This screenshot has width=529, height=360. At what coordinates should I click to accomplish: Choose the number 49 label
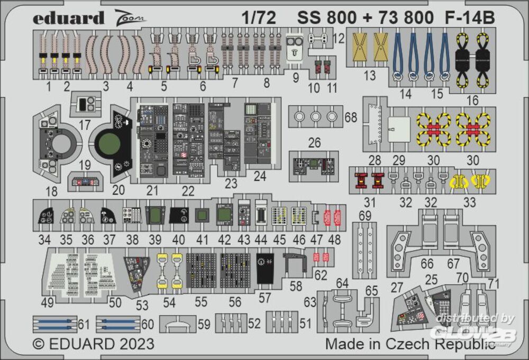tap(47, 303)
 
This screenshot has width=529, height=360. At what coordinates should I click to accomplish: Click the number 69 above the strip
tap(364, 216)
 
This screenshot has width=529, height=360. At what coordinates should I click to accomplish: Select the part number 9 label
tap(295, 78)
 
